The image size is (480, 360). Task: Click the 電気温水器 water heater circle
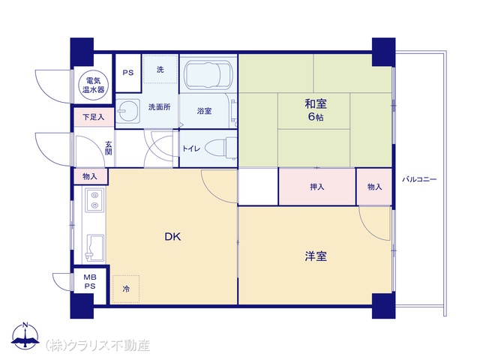pyautogui.click(x=93, y=85)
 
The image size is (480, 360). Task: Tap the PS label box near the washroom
pyautogui.click(x=128, y=73)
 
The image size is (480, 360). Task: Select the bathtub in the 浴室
pyautogui.click(x=208, y=75)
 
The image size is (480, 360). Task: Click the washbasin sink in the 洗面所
pyautogui.click(x=128, y=111)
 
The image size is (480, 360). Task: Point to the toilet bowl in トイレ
pyautogui.click(x=220, y=149)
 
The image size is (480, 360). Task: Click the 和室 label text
pyautogui.click(x=316, y=104)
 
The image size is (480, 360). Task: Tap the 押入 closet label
pyautogui.click(x=316, y=187)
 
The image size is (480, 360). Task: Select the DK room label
pyautogui.click(x=172, y=237)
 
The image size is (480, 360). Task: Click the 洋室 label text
pyautogui.click(x=316, y=256)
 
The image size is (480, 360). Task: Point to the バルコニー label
pyautogui.click(x=419, y=179)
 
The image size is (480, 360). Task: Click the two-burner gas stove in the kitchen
pyautogui.click(x=94, y=200)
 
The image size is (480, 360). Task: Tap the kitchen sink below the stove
pyautogui.click(x=94, y=248)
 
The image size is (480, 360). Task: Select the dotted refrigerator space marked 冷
pyautogui.click(x=126, y=289)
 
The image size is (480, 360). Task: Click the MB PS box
pyautogui.click(x=90, y=282)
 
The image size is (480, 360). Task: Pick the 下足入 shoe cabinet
pyautogui.click(x=94, y=117)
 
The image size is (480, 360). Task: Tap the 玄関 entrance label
pyautogui.click(x=109, y=148)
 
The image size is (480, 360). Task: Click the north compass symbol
pyautogui.click(x=25, y=335)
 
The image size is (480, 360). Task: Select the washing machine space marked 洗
pyautogui.click(x=160, y=69)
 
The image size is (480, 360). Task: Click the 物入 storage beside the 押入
pyautogui.click(x=374, y=187)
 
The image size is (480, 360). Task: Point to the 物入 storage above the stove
pyautogui.click(x=90, y=177)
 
